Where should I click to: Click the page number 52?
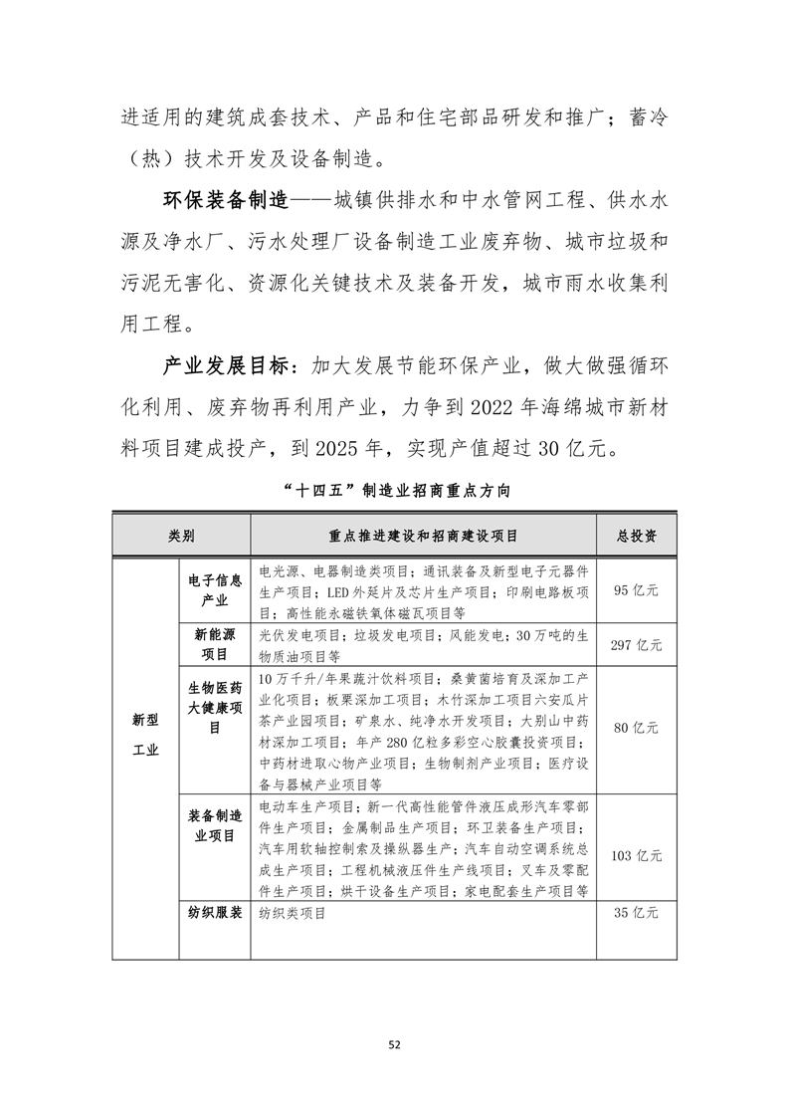pos(394,1044)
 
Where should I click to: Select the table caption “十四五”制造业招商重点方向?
pos(394,490)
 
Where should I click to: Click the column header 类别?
pos(181,536)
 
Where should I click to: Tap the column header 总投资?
pos(636,536)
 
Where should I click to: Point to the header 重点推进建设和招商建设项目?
pos(423,536)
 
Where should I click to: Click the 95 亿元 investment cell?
pos(636,590)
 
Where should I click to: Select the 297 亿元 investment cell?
pos(636,645)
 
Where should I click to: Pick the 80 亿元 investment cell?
pos(636,728)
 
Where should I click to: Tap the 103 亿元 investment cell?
pos(636,855)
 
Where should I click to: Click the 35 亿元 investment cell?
pos(636,912)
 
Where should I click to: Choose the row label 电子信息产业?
pos(215,589)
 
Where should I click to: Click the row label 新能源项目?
pos(215,644)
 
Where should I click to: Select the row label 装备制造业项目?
pos(215,825)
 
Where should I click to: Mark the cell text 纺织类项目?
pos(293,912)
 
